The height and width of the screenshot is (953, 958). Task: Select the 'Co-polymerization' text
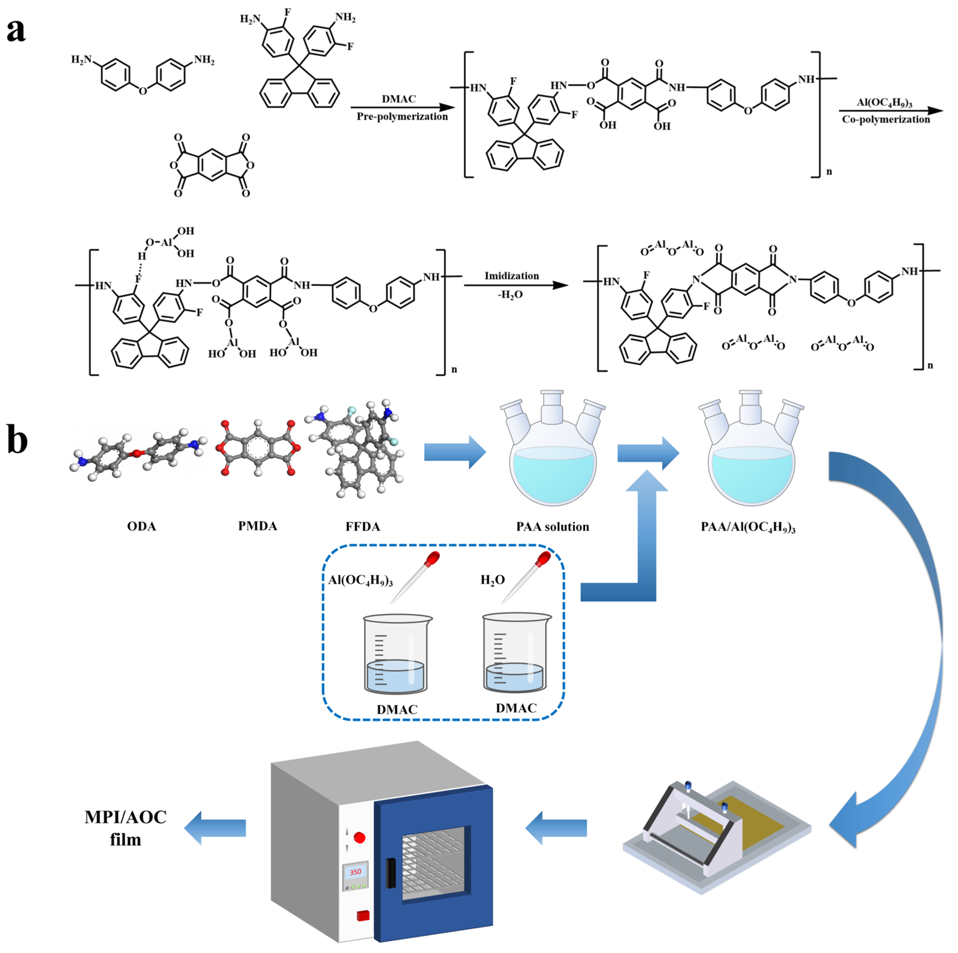pyautogui.click(x=886, y=119)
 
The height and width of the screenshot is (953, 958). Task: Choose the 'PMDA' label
pyautogui.click(x=257, y=526)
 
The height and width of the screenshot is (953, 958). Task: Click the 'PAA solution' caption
pyautogui.click(x=552, y=527)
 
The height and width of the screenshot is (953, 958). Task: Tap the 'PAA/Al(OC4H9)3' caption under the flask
pyautogui.click(x=748, y=527)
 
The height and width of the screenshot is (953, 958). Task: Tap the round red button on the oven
pyautogui.click(x=360, y=838)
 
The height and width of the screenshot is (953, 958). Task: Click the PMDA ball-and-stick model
pyautogui.click(x=257, y=448)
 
